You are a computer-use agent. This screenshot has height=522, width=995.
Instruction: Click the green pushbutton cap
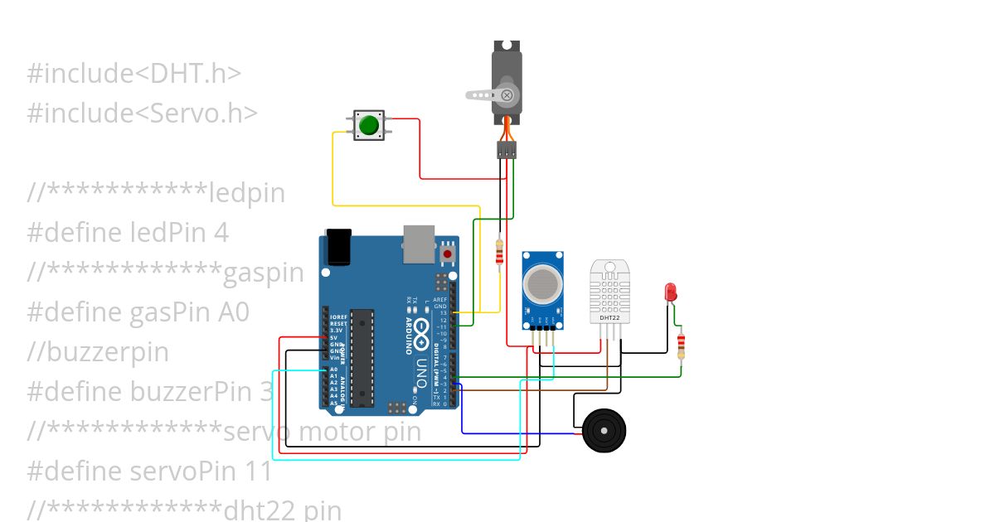[x=367, y=126]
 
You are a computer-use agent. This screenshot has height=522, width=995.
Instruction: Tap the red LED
[x=670, y=292]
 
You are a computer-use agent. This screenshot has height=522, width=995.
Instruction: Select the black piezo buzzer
[x=604, y=431]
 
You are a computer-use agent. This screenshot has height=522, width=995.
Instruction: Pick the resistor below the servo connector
[x=498, y=253]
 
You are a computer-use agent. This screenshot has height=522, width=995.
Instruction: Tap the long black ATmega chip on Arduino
[x=361, y=357]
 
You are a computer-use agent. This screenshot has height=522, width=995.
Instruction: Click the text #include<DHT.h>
[x=134, y=74]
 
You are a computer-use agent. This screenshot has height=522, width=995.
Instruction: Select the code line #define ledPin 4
[x=128, y=232]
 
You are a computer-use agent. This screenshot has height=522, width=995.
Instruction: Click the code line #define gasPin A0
[x=138, y=312]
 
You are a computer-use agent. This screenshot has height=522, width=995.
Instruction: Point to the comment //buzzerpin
[x=98, y=352]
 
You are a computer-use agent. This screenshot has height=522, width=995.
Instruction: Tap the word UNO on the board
[x=420, y=373]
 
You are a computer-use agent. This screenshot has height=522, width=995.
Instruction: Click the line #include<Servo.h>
[x=143, y=113]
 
